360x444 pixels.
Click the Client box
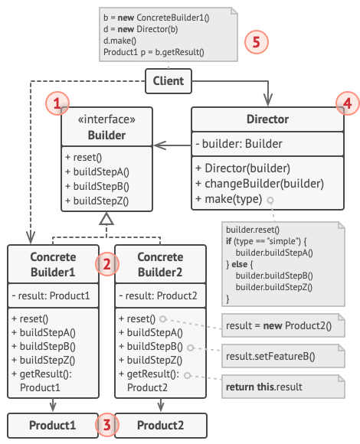click(x=169, y=81)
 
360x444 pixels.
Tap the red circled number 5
click(x=257, y=42)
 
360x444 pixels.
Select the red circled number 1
click(x=57, y=103)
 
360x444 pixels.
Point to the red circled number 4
click(x=348, y=103)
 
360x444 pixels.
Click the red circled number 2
click(x=106, y=264)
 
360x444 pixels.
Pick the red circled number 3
click(x=106, y=425)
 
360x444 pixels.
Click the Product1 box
click(x=53, y=426)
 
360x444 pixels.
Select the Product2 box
click(x=161, y=426)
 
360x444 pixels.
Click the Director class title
click(x=267, y=119)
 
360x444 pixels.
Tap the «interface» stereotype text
click(x=106, y=119)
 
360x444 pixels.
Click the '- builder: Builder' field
click(x=239, y=144)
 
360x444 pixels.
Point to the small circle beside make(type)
click(x=270, y=201)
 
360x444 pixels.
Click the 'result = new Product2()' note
click(x=283, y=325)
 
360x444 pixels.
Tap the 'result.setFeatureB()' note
click(x=283, y=356)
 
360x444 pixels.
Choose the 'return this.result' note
click(x=283, y=387)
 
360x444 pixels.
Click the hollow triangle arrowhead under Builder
click(x=106, y=219)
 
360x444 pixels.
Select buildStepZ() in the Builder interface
click(x=97, y=201)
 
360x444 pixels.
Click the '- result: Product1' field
click(x=51, y=295)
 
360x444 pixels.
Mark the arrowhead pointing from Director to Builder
click(x=159, y=145)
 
